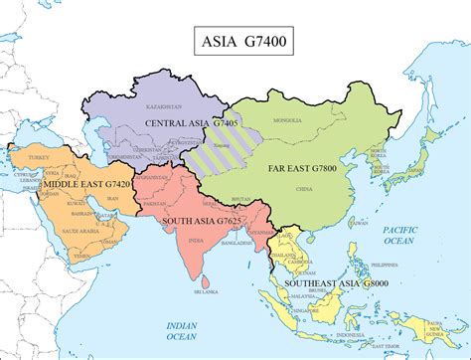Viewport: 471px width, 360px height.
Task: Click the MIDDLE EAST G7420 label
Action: coord(74,184)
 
